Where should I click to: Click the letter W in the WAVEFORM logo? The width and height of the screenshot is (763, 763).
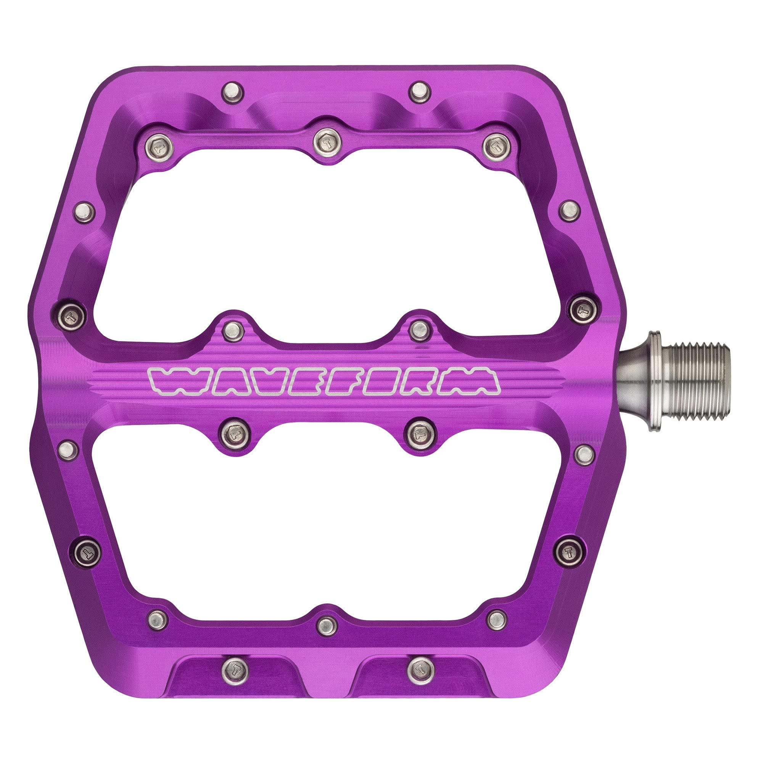[x=168, y=381]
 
